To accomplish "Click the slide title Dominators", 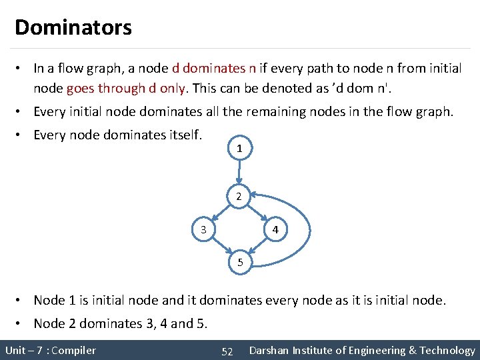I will click(x=73, y=27).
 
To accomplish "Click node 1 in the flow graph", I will click(x=239, y=149).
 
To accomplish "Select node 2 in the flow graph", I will click(x=239, y=196).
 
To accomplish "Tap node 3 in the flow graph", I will click(x=204, y=230).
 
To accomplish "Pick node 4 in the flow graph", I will click(x=275, y=230).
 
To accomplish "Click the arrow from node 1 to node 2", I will click(x=239, y=173).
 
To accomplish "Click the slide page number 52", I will click(x=227, y=351).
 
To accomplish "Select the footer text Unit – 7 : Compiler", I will click(x=51, y=351).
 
